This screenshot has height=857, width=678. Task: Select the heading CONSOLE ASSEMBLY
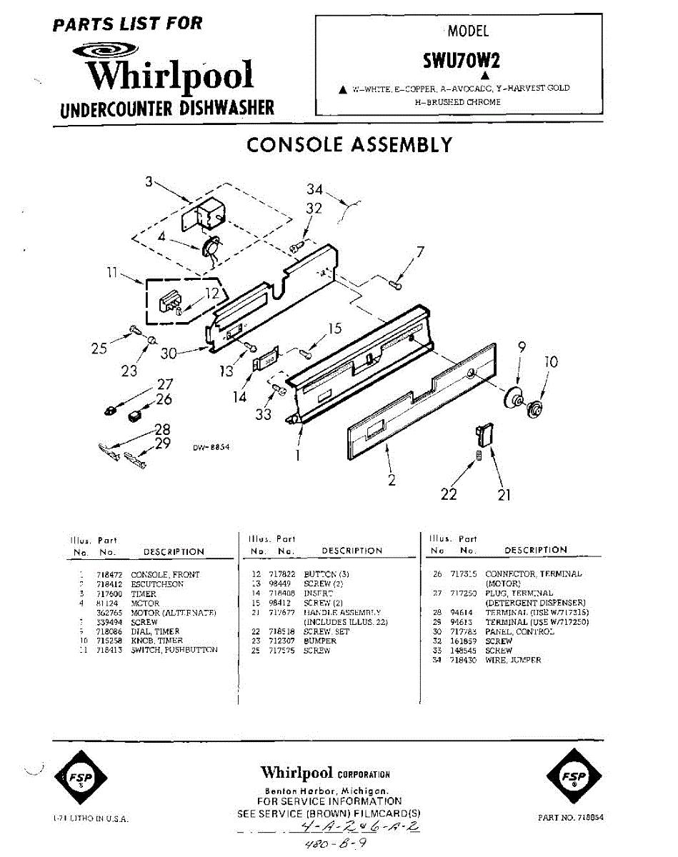(349, 145)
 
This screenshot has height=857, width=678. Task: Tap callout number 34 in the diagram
(315, 189)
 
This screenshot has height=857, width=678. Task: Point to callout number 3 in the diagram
(149, 182)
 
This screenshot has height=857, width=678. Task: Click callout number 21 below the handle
(504, 494)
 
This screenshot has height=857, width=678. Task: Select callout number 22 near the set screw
(449, 493)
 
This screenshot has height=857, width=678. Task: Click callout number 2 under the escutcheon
(392, 481)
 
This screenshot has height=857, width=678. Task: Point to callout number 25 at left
(99, 349)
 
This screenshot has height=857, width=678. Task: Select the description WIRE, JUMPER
(513, 661)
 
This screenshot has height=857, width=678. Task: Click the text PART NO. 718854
(570, 818)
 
